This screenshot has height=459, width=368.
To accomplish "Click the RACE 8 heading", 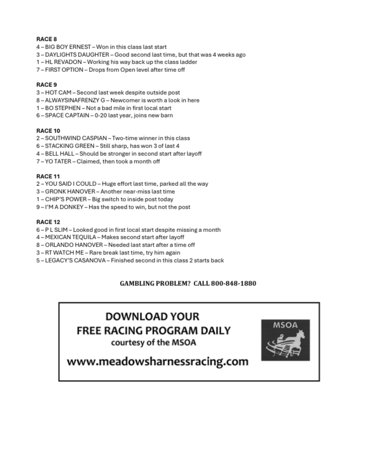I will point(47,39).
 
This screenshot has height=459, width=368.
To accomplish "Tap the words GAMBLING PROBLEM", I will point(155,283).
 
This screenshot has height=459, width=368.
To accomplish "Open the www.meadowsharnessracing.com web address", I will point(157,361).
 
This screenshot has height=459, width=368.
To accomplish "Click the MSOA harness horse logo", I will point(285,340).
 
